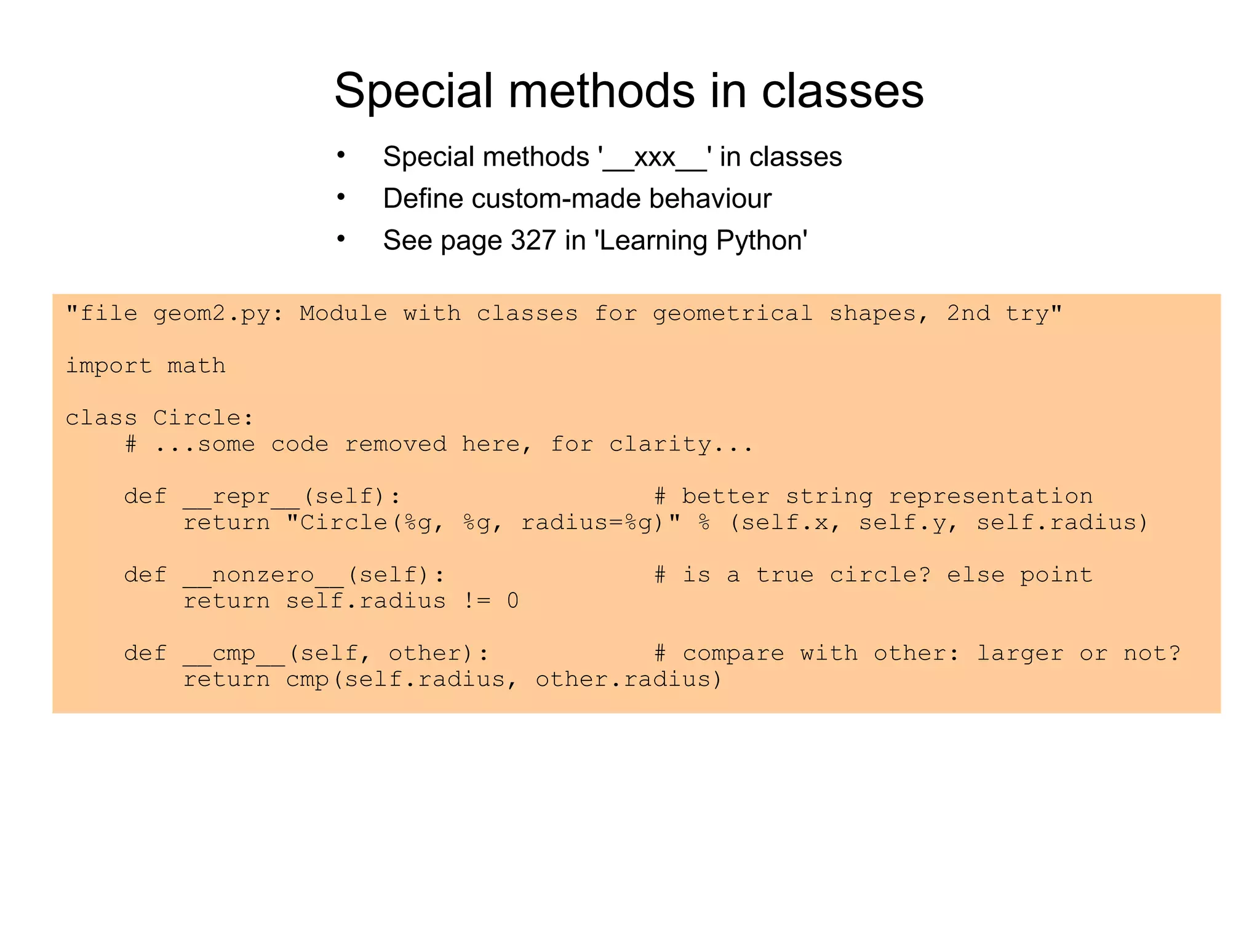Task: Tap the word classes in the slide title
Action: tap(842, 91)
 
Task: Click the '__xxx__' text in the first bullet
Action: tap(655, 157)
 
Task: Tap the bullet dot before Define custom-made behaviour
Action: tap(341, 197)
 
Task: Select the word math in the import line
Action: tap(196, 366)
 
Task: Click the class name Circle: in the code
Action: tap(203, 418)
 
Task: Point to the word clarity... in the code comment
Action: tap(681, 444)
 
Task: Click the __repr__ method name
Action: tap(241, 496)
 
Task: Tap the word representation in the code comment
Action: tap(991, 496)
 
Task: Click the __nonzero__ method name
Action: tap(263, 575)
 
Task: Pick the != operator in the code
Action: tap(477, 601)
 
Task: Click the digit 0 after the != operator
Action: tap(512, 601)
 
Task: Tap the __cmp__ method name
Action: tap(234, 653)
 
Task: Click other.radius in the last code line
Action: tap(628, 680)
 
